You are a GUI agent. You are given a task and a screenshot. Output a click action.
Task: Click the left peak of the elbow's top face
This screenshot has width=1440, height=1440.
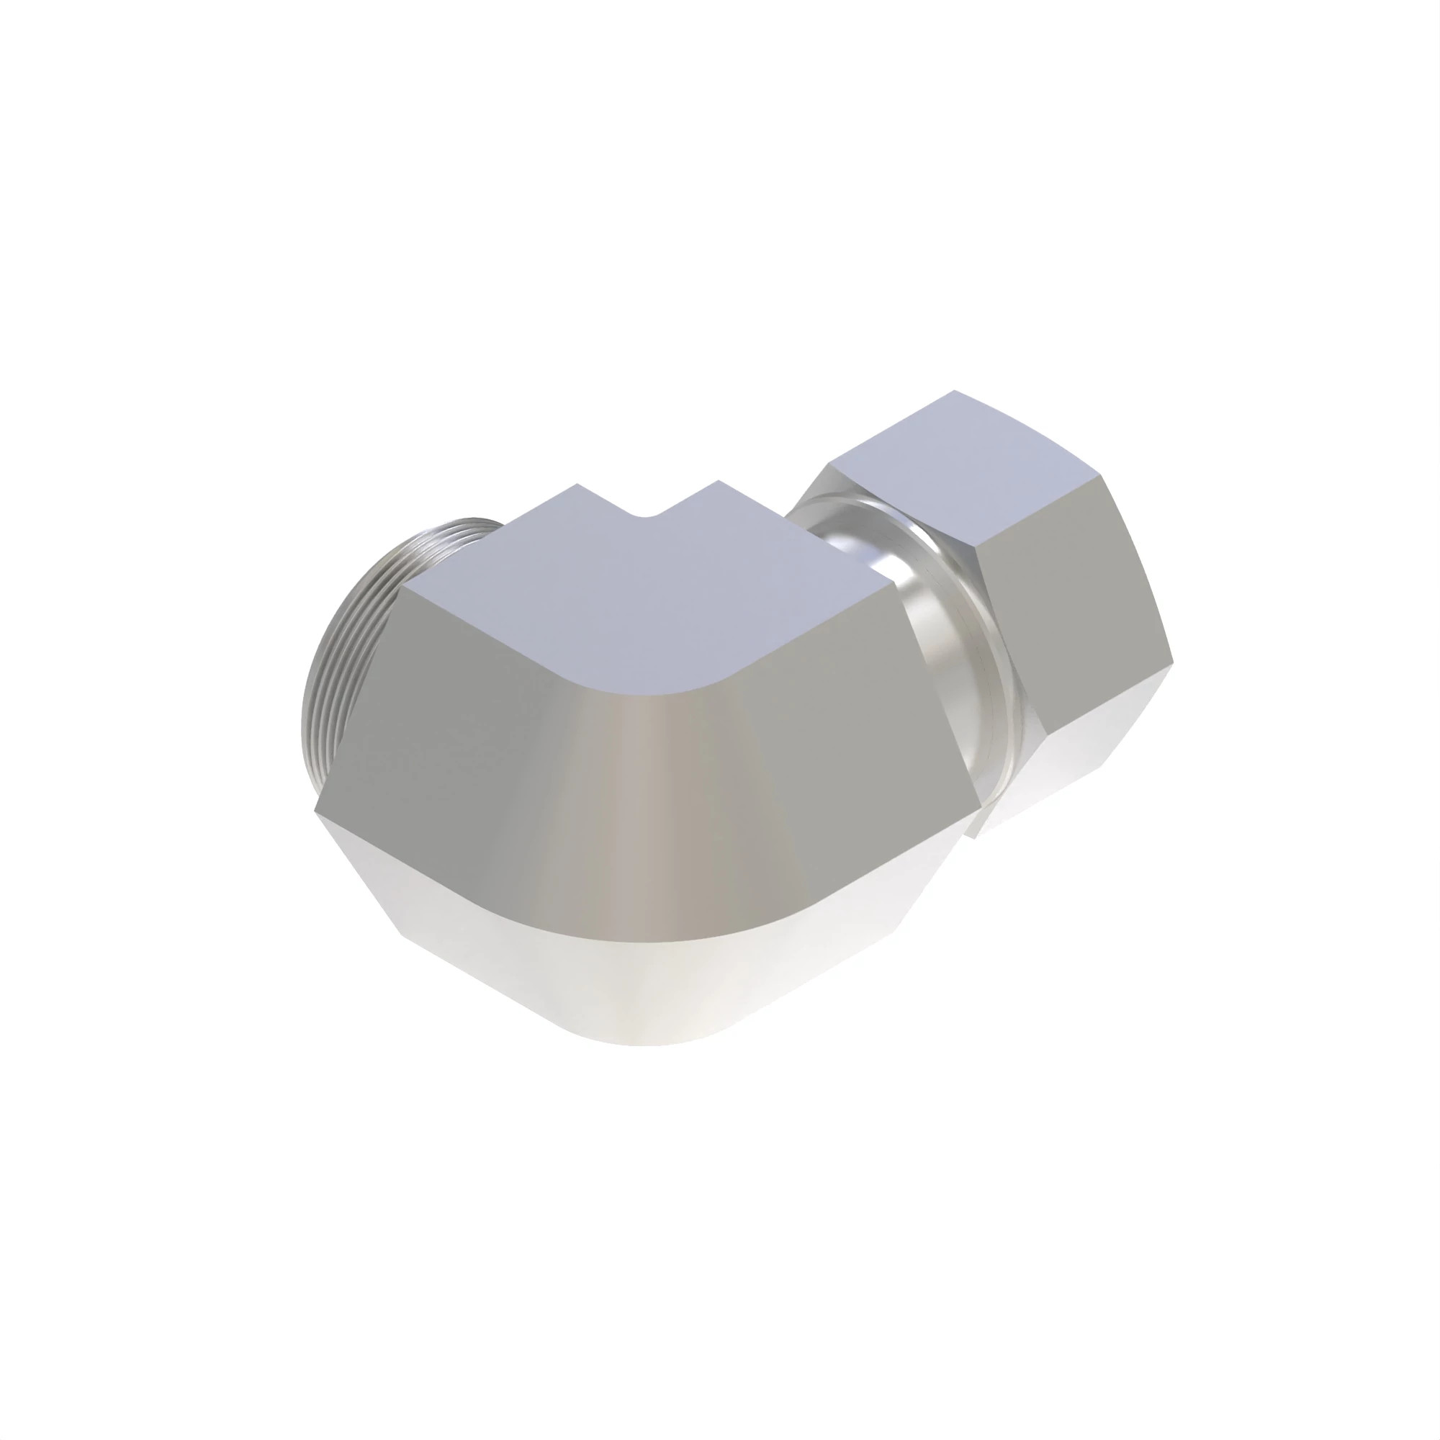pos(576,485)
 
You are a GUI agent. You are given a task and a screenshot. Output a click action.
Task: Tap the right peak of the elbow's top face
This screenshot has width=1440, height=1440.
pos(718,482)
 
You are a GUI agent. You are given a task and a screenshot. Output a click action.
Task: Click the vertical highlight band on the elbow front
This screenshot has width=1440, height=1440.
pos(634,820)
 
